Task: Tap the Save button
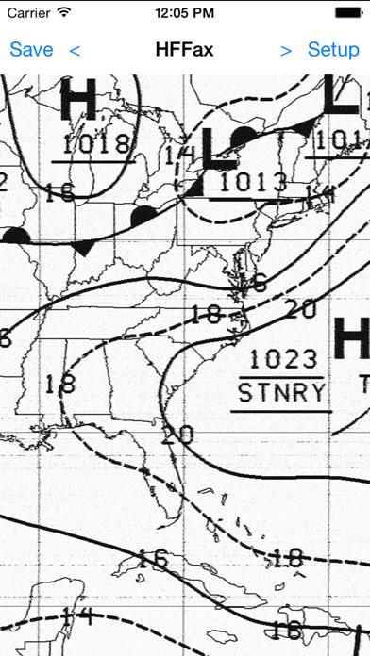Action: click(30, 50)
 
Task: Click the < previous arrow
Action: click(75, 50)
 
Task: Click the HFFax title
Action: click(184, 50)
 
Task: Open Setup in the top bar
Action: click(333, 50)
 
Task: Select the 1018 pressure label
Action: click(95, 144)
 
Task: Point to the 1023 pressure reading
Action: click(284, 360)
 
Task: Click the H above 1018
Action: click(77, 101)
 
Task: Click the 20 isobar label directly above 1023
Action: click(299, 309)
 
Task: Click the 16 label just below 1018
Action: click(59, 192)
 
